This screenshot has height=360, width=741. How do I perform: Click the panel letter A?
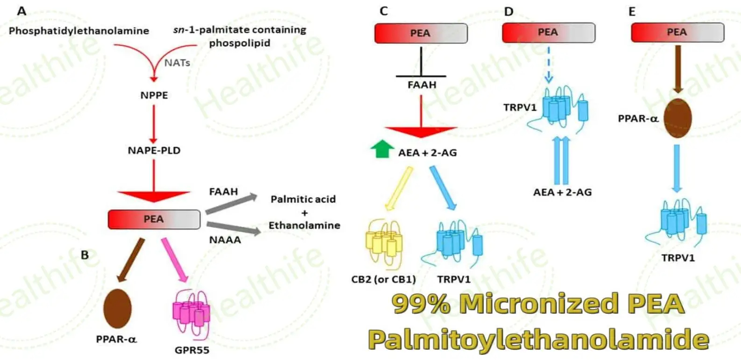(x=21, y=11)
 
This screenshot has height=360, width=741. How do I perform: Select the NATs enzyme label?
(x=177, y=63)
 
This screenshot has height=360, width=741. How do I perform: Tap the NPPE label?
(x=154, y=95)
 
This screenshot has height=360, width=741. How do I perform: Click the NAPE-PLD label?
(x=154, y=150)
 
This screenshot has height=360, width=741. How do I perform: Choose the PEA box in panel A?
(x=154, y=219)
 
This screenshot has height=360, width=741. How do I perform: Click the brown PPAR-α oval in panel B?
(x=117, y=308)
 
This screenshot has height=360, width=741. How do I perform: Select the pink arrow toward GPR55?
(x=175, y=259)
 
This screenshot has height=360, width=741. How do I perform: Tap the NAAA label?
(x=225, y=240)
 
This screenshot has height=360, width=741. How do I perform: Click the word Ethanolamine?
(x=304, y=225)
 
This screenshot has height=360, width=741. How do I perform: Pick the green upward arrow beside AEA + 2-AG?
(x=382, y=149)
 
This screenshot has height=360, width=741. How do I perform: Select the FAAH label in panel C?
(x=422, y=85)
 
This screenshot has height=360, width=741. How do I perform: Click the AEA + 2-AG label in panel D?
(x=562, y=192)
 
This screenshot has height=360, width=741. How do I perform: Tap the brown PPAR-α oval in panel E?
(x=677, y=118)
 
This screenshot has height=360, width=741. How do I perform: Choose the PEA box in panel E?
(x=677, y=32)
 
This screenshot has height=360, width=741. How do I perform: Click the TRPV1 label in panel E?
(x=678, y=258)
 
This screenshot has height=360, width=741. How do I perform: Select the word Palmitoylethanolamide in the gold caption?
(x=538, y=339)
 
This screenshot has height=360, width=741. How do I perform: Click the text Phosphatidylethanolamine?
(x=79, y=31)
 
